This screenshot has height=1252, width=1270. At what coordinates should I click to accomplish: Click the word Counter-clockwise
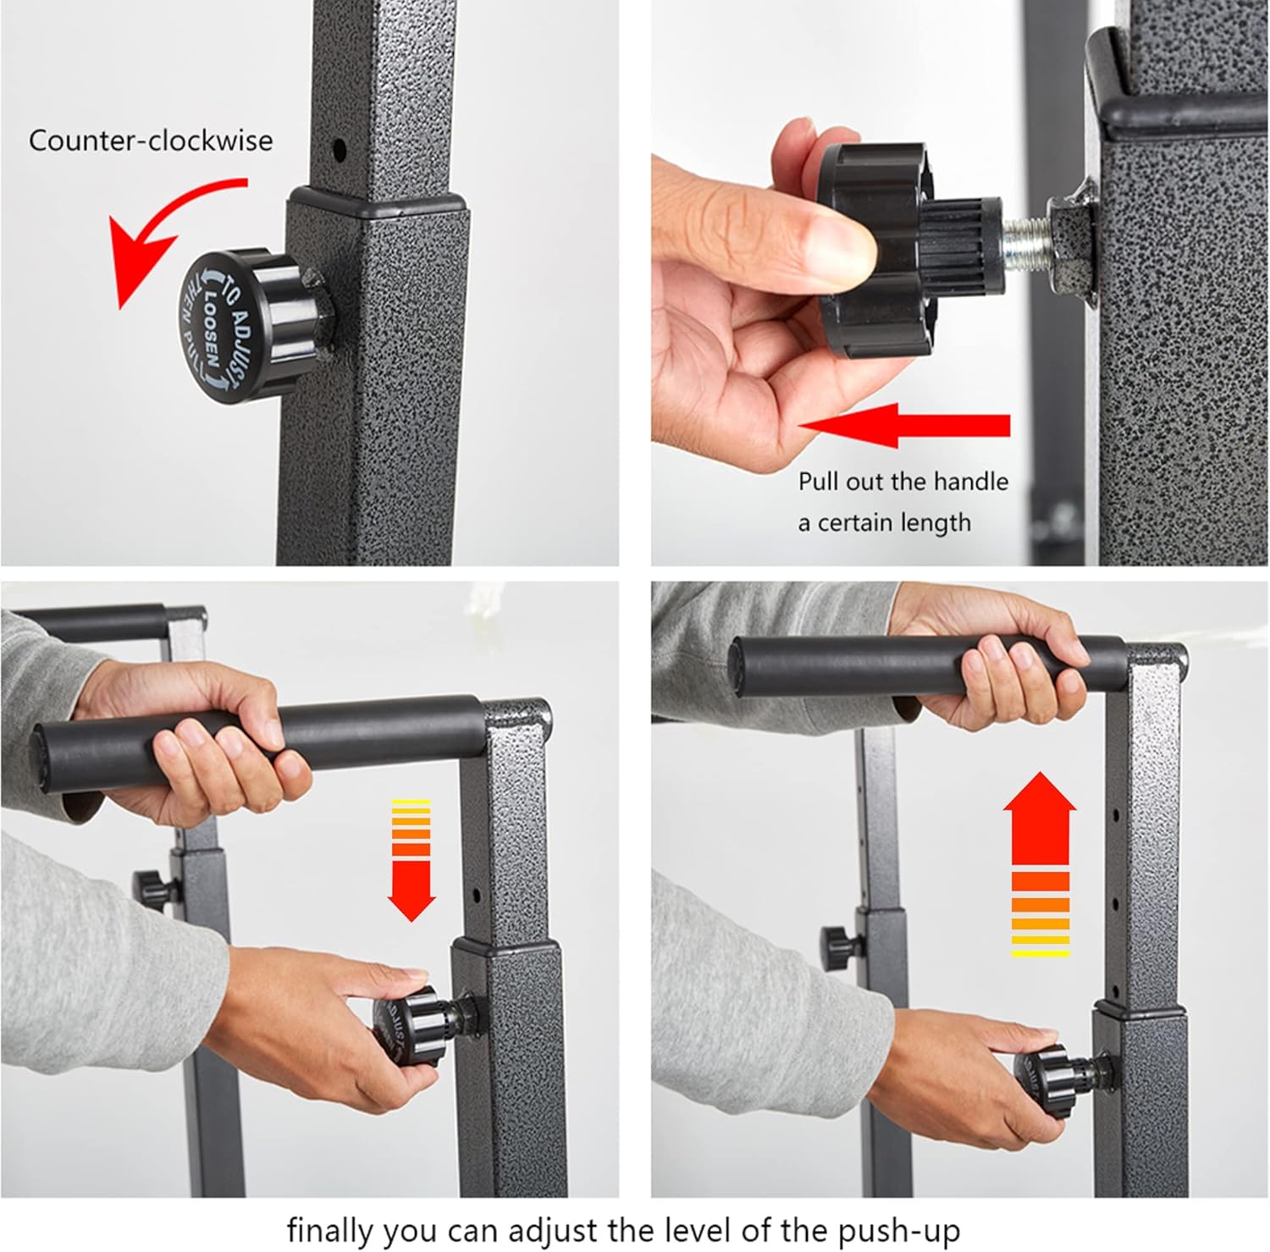point(151,140)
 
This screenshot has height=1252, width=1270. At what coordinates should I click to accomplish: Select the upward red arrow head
point(1040,802)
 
